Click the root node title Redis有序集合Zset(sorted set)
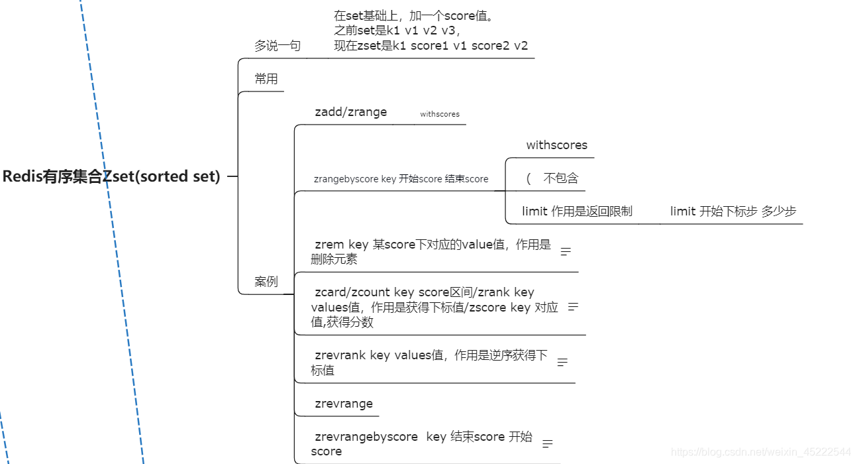pos(111,177)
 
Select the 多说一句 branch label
pos(277,46)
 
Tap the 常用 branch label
pos(266,79)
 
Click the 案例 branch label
pos(266,282)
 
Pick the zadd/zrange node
pos(350,112)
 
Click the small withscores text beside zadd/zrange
pos(440,114)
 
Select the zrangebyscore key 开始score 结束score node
pos(401,179)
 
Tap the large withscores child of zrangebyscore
pos(556,145)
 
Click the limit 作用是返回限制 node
pos(577,211)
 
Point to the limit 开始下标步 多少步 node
pos(733,211)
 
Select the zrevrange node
pos(344,404)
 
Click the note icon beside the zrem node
pos(566,251)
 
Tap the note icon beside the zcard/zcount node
pos(574,307)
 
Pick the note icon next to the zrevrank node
pos(563,363)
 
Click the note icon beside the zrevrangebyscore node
pos(548,443)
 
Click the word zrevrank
pos(339,355)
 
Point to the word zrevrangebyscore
pos(366,437)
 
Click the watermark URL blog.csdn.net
pos(761,452)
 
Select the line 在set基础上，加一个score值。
pos(414,16)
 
